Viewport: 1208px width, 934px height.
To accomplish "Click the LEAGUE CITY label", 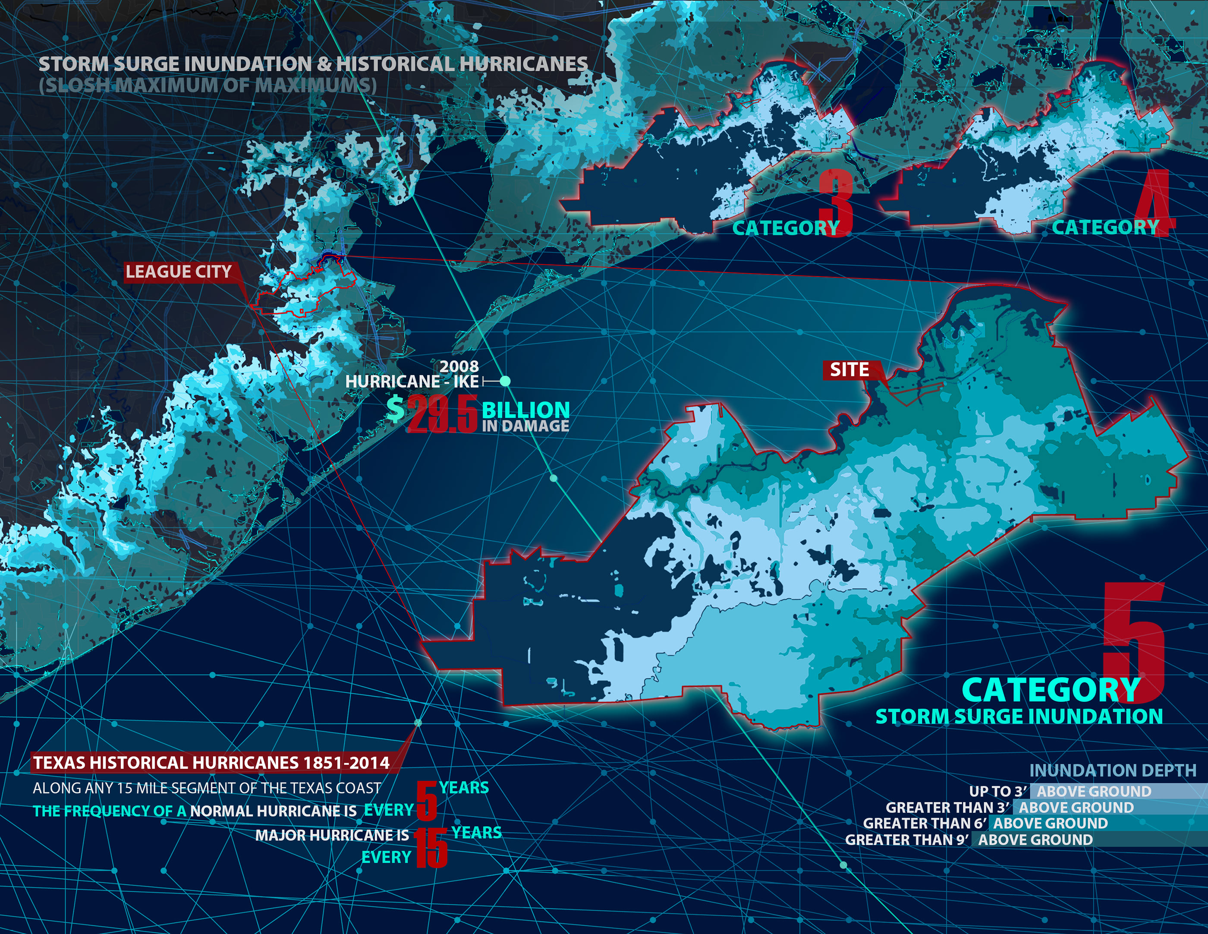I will (x=178, y=271).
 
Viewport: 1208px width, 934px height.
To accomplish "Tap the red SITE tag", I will (x=849, y=369).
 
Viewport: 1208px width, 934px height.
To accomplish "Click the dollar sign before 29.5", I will (x=395, y=410).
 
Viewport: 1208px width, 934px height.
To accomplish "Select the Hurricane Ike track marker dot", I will (x=504, y=381).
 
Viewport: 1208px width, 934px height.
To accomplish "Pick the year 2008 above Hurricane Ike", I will (x=459, y=366).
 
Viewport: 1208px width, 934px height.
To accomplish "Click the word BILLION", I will (x=525, y=410).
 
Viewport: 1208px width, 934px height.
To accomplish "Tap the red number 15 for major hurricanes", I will (x=430, y=848).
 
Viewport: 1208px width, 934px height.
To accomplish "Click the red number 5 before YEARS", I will (x=426, y=801).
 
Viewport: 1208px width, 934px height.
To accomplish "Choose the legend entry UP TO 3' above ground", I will (x=1059, y=791).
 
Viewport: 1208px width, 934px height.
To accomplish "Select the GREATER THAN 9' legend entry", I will (x=968, y=839).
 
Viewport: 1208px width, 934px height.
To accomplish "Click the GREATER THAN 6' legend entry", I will (x=985, y=824).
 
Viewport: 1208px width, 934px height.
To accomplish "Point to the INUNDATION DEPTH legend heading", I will (x=1112, y=770).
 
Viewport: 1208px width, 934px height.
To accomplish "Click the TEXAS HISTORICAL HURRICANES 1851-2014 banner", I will (x=211, y=763).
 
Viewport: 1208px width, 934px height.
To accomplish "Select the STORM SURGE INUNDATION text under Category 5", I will (x=1019, y=716).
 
